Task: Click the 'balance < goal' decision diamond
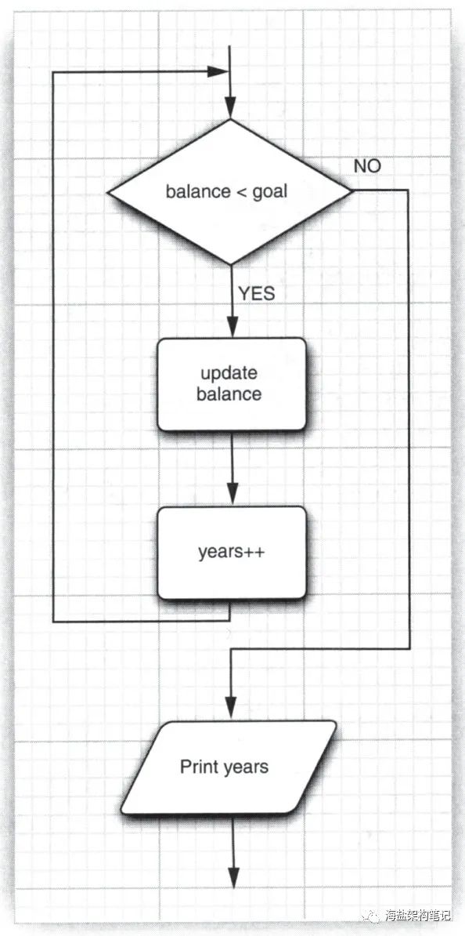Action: pyautogui.click(x=229, y=191)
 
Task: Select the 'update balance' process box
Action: pyautogui.click(x=231, y=384)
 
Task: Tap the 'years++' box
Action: pyautogui.click(x=231, y=552)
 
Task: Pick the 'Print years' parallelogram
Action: pyautogui.click(x=229, y=767)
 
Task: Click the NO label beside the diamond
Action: pyautogui.click(x=367, y=166)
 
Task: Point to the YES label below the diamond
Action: pyautogui.click(x=257, y=293)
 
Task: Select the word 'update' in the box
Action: pyautogui.click(x=229, y=374)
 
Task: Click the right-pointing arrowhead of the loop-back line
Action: pyautogui.click(x=217, y=71)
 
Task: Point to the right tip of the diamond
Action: pyautogui.click(x=352, y=190)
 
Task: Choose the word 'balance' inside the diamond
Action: pyautogui.click(x=197, y=191)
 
